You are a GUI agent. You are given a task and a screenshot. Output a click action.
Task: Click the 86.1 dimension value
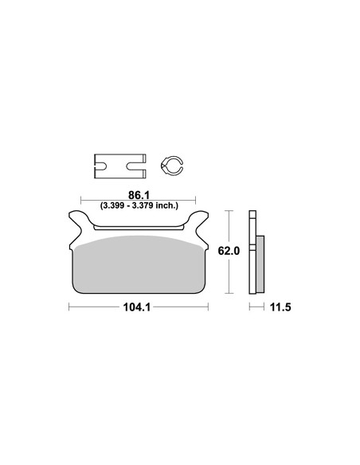(139, 195)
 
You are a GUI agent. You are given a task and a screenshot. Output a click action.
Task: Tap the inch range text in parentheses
(139, 205)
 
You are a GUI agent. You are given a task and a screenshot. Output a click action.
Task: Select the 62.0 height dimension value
(229, 251)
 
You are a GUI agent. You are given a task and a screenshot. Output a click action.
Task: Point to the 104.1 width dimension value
(137, 307)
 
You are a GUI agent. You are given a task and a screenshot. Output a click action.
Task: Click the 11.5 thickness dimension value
(280, 307)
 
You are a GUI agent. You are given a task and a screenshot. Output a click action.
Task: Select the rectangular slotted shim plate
(119, 166)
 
